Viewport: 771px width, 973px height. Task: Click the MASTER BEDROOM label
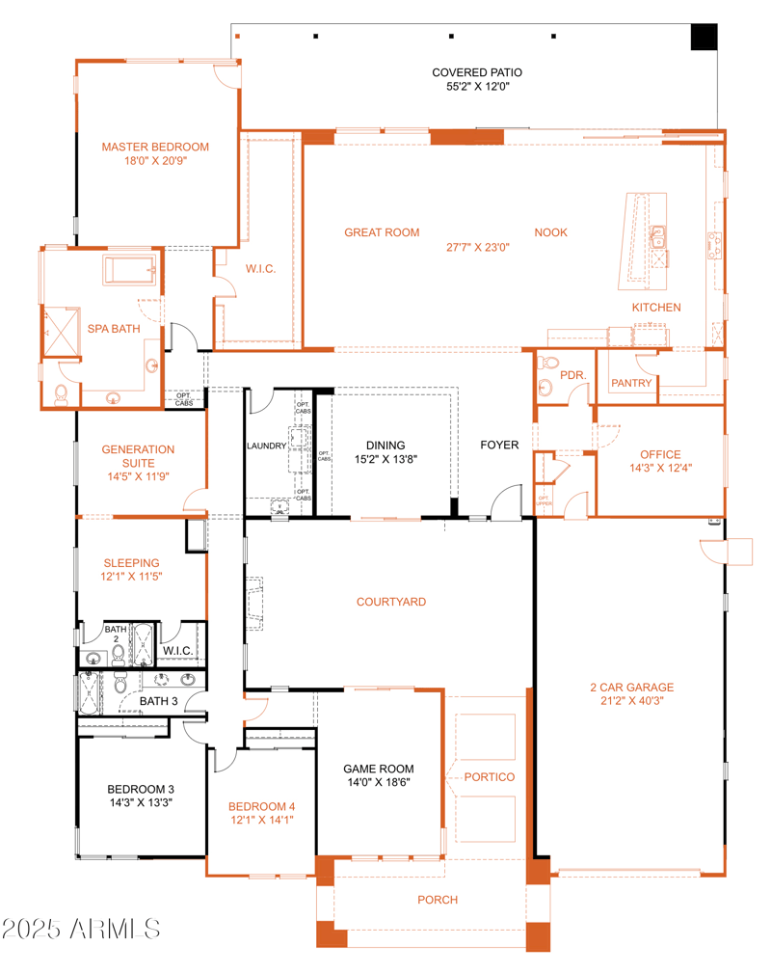click(x=155, y=148)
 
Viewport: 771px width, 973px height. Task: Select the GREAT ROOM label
click(x=382, y=232)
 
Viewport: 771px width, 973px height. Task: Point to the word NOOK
click(x=551, y=232)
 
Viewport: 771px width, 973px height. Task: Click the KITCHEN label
click(x=656, y=308)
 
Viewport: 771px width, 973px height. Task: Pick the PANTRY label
click(x=631, y=384)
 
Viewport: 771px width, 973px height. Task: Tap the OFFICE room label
click(x=660, y=455)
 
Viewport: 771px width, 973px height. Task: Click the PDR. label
click(x=573, y=375)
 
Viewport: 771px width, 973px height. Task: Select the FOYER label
click(x=500, y=446)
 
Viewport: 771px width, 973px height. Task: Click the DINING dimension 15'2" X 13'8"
click(x=385, y=460)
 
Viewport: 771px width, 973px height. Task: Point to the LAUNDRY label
click(x=266, y=446)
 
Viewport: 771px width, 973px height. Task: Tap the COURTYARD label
click(x=390, y=603)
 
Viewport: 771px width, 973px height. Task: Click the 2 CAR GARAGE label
click(x=631, y=688)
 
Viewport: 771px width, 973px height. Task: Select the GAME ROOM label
click(x=379, y=770)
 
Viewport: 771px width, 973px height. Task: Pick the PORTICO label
click(x=489, y=777)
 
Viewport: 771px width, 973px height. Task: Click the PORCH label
click(x=437, y=900)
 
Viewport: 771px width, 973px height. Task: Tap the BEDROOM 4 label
click(x=261, y=807)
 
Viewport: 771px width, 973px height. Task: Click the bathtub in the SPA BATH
click(x=129, y=271)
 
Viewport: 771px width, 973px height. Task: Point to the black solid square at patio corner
click(x=705, y=37)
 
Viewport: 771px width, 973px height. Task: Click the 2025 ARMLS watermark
click(x=81, y=930)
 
